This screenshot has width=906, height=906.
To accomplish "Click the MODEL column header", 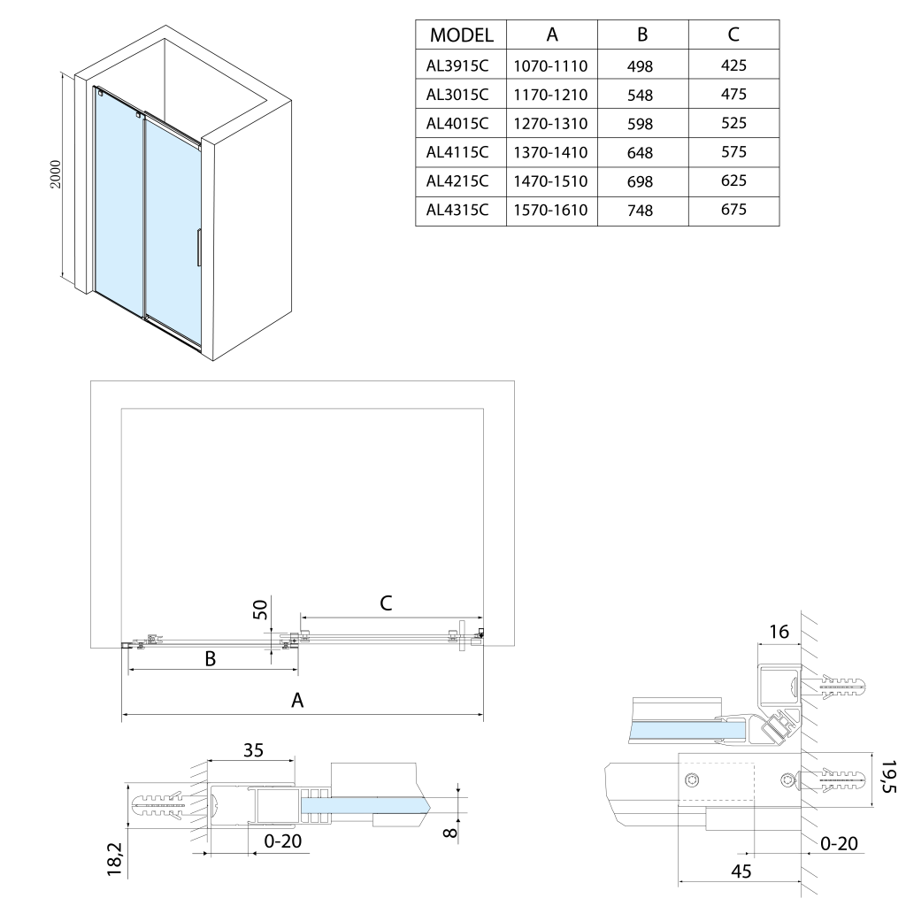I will tap(461, 35).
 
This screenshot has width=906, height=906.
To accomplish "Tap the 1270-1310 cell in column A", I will tap(551, 123).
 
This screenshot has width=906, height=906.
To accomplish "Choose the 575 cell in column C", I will tap(733, 151).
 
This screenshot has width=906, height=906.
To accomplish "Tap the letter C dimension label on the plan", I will tap(386, 603).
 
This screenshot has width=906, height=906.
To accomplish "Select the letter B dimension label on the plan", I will tap(211, 658).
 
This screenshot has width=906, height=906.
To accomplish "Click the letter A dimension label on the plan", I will tap(298, 700).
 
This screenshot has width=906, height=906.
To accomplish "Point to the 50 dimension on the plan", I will tap(260, 610).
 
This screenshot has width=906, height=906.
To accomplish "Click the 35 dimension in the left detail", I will tap(253, 750).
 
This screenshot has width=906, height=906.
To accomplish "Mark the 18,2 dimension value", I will tap(114, 858).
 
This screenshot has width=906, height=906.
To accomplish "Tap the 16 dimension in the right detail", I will tap(779, 631).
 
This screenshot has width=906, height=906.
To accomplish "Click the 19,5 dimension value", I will tap(888, 776).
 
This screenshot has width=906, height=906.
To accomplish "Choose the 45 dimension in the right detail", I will tap(741, 871).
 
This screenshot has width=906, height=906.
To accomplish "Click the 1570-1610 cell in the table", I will tap(551, 211).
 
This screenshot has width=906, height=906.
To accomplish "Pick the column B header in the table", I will tap(642, 35).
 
